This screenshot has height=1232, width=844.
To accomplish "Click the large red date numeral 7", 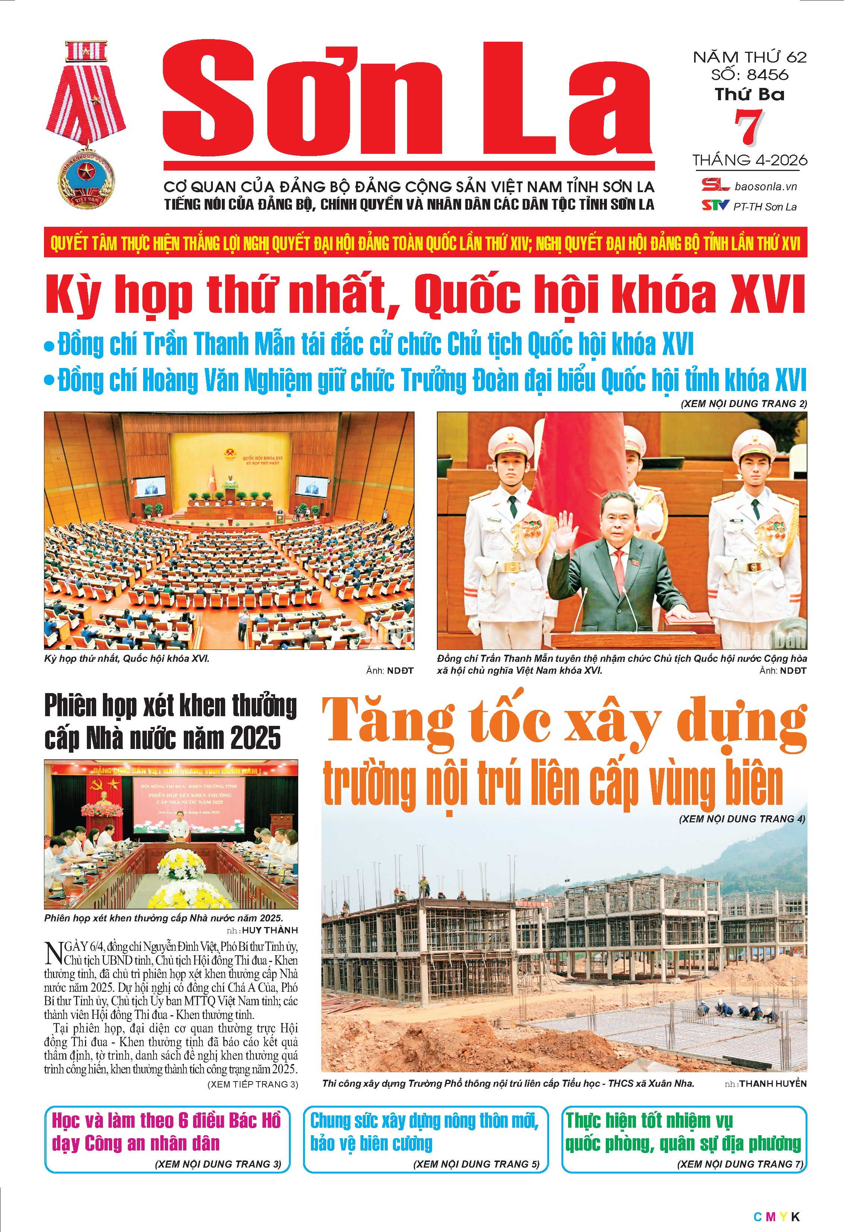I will coord(749,127).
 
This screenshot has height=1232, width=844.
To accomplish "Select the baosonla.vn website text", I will coord(765,187).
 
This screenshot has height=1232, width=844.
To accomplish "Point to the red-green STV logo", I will coord(715,205).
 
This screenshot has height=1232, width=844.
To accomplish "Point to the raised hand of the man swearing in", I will coord(566,530).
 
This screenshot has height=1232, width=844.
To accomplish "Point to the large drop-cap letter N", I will coord(54,953).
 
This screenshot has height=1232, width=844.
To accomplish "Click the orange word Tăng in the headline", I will coord(388,720).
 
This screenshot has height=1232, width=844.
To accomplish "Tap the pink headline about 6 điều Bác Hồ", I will coord(166,1132).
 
